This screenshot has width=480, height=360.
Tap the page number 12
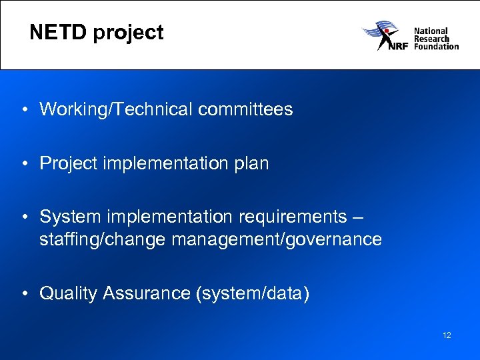pos(447,335)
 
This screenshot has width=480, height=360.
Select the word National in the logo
pos(431,31)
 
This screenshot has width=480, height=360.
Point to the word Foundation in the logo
pos(436,47)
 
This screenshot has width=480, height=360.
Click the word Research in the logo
pos(431,39)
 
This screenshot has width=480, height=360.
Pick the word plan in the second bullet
pos(252,163)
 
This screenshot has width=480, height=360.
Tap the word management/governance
pos(277,239)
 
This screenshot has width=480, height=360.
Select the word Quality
pos(69,293)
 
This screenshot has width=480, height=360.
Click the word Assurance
pos(147,293)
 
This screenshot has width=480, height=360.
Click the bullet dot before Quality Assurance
pos(23,293)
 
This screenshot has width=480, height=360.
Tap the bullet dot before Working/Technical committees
pos(23,109)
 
